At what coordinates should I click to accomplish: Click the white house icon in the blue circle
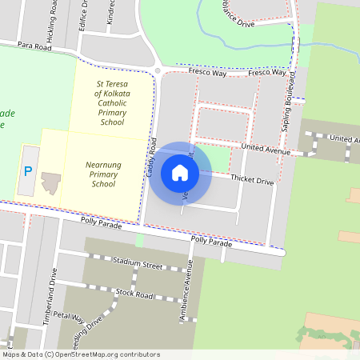click(x=180, y=173)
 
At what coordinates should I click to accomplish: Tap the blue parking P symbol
click(x=28, y=170)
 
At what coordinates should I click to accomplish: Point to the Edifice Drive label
click(x=83, y=14)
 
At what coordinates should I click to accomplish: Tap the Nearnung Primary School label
click(x=103, y=174)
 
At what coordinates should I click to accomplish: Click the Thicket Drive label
click(x=253, y=182)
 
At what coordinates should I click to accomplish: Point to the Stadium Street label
click(x=138, y=263)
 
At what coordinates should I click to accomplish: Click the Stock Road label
click(x=134, y=294)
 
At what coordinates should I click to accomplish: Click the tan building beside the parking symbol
click(x=51, y=182)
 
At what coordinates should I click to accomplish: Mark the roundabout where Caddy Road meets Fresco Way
click(x=157, y=70)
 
